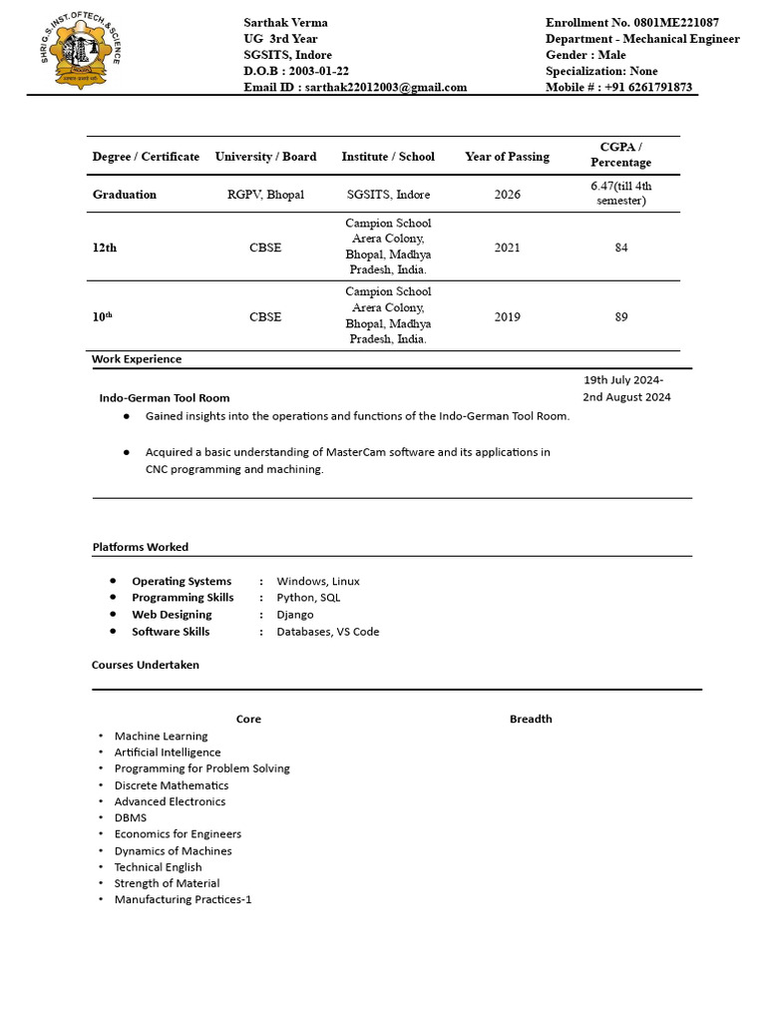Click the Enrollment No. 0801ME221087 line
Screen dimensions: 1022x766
pyautogui.click(x=631, y=22)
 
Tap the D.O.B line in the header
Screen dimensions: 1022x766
pyautogui.click(x=296, y=71)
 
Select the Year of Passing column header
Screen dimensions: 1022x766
pyautogui.click(x=507, y=157)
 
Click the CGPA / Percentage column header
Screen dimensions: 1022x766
pyautogui.click(x=620, y=155)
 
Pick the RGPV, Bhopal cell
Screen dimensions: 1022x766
pyautogui.click(x=265, y=195)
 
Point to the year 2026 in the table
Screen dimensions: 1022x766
pyautogui.click(x=507, y=195)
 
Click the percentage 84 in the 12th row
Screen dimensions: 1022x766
pyautogui.click(x=621, y=248)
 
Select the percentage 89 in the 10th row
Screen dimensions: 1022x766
pyautogui.click(x=621, y=316)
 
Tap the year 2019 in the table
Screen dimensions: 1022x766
pyautogui.click(x=507, y=316)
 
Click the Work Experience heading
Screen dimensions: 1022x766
pyautogui.click(x=137, y=359)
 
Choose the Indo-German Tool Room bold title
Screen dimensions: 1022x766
pyautogui.click(x=165, y=397)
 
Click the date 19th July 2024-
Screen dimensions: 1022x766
pyautogui.click(x=623, y=380)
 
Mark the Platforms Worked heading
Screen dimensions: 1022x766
pyautogui.click(x=141, y=547)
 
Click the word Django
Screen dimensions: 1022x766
pyautogui.click(x=295, y=615)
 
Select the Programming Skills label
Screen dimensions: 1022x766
pyautogui.click(x=183, y=598)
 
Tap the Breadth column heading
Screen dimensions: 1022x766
pyautogui.click(x=531, y=719)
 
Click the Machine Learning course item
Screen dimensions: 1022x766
pyautogui.click(x=161, y=736)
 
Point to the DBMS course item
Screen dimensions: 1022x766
pyautogui.click(x=131, y=817)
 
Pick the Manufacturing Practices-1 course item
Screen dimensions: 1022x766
pyautogui.click(x=183, y=899)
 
